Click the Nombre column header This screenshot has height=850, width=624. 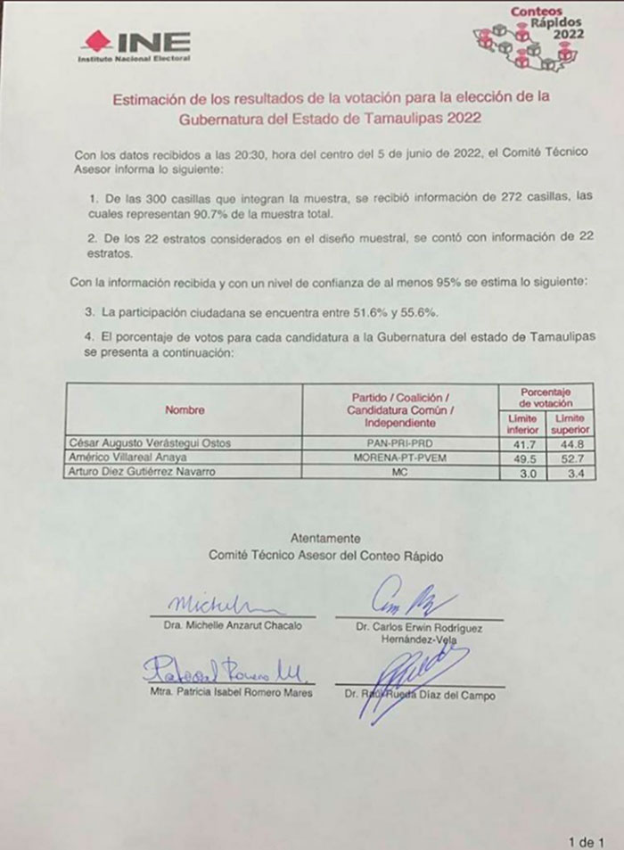click(185, 409)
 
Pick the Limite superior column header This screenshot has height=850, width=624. click(571, 425)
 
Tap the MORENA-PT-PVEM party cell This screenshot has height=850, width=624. click(398, 456)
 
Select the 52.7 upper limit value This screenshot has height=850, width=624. click(571, 456)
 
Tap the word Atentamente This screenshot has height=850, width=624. click(325, 538)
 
